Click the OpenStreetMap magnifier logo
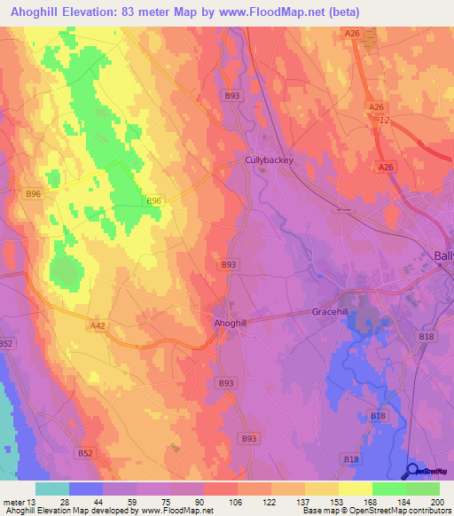[x=414, y=472]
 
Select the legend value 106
[x=209, y=502]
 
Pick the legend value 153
[x=309, y=502]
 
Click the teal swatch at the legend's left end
[x=52, y=489]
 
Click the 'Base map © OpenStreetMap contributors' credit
[x=376, y=511]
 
